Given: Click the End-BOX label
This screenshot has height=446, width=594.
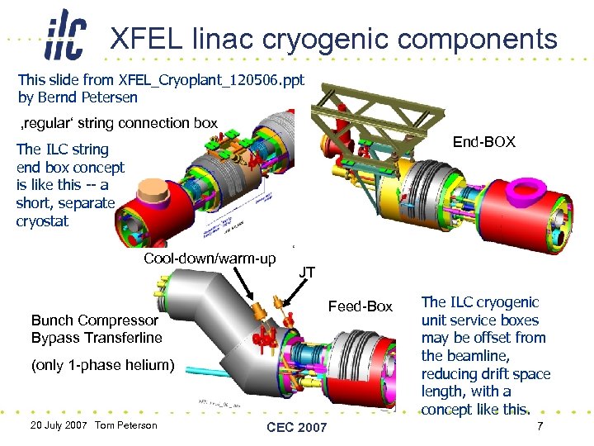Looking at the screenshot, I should tap(484, 142).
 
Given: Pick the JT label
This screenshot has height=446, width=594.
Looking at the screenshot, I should tap(306, 272).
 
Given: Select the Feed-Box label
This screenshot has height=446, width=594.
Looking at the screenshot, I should tap(361, 306).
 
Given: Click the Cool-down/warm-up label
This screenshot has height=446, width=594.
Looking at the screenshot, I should tap(210, 259).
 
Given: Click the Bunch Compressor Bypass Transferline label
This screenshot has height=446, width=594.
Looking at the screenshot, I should tap(97, 329).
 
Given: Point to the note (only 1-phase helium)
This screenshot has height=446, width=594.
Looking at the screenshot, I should tap(103, 364).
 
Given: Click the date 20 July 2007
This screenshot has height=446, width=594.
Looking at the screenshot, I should tap(58, 425).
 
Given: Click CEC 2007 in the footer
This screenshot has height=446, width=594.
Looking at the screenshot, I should tap(296, 427).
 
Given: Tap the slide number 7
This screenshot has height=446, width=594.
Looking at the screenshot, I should tap(540, 426).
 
